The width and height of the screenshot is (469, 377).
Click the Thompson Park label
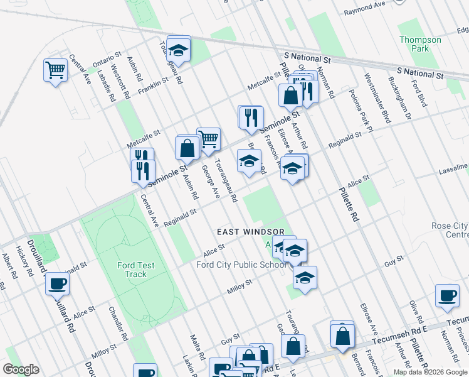click(x=420, y=44)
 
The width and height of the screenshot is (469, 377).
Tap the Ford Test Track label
click(x=132, y=270)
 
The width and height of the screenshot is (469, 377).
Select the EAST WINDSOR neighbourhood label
click(x=251, y=232)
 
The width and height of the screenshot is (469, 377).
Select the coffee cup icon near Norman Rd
click(x=448, y=296)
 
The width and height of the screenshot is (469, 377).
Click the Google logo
click(x=21, y=369)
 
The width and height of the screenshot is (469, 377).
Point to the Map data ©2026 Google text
click(x=430, y=372)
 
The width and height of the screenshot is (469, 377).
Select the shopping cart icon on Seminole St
click(x=208, y=139)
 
